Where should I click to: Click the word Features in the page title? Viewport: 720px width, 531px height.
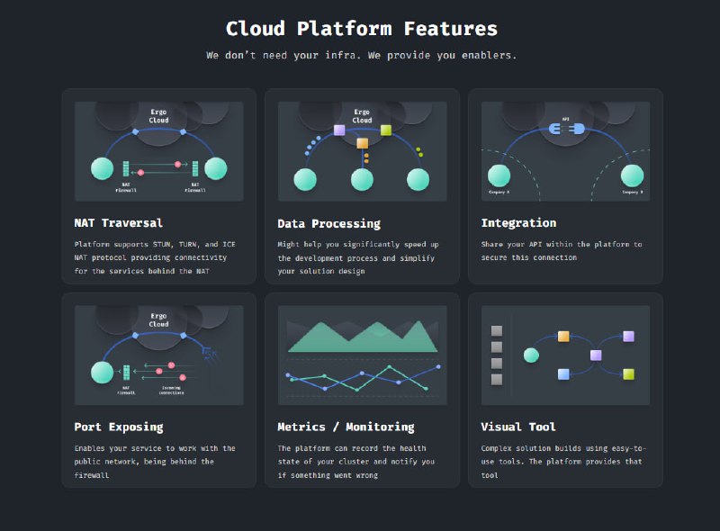[450, 29]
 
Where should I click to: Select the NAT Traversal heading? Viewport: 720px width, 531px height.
[118, 222]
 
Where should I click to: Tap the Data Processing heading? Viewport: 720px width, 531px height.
[328, 223]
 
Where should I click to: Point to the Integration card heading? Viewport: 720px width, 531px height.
[518, 222]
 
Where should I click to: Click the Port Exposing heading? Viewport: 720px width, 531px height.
[118, 427]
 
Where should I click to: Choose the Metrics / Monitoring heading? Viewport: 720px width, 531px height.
[346, 427]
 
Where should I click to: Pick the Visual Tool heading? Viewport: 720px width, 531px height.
[518, 427]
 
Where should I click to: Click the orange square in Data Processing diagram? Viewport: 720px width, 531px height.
[363, 143]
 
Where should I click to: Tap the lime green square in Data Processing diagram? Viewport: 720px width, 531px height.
[386, 130]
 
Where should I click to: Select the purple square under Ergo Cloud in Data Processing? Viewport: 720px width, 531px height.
[339, 130]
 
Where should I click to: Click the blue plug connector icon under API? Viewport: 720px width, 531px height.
[566, 130]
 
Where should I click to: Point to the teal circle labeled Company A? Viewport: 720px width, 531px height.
[499, 175]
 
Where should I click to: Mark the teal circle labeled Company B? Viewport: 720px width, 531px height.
[633, 175]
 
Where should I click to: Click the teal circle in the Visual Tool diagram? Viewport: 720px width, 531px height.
[531, 355]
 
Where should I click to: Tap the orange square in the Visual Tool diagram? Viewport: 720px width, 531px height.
[563, 337]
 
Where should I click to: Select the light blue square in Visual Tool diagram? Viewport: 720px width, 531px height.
[563, 373]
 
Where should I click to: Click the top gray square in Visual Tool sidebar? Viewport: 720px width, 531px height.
[496, 331]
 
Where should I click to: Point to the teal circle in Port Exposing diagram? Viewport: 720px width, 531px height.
[102, 372]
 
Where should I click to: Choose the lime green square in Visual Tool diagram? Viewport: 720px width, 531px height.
[628, 373]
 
